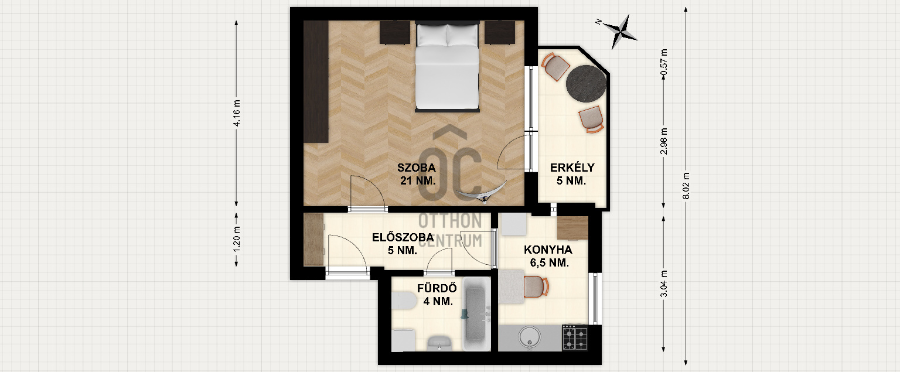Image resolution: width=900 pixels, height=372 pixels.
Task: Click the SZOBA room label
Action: click(416, 168)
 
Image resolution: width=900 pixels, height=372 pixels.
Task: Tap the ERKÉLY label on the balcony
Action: click(572, 168)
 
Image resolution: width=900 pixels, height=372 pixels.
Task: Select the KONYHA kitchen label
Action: click(548, 250)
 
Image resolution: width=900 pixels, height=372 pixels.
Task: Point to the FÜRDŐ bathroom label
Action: click(437, 288)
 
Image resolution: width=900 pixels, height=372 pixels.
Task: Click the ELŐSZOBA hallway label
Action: click(403, 237)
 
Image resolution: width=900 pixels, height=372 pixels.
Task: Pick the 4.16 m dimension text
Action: click(237, 113)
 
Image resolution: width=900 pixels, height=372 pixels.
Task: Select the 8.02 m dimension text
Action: click(686, 186)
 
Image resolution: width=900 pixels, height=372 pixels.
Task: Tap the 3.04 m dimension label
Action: click(664, 284)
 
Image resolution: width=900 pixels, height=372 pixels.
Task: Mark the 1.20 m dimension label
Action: click(237, 240)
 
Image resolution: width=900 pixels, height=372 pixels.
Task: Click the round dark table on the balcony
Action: click(586, 84)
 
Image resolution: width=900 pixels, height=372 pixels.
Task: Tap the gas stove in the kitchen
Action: click(575, 337)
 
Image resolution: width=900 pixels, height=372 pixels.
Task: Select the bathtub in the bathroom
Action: click(477, 314)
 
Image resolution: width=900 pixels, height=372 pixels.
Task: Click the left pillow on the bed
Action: click(432, 35)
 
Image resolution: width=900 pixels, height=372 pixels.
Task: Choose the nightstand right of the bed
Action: click(499, 33)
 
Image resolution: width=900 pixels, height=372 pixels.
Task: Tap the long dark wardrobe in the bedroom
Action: click(316, 81)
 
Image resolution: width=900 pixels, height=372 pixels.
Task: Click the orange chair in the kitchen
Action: click(536, 287)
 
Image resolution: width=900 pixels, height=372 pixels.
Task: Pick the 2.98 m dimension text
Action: click(664, 141)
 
